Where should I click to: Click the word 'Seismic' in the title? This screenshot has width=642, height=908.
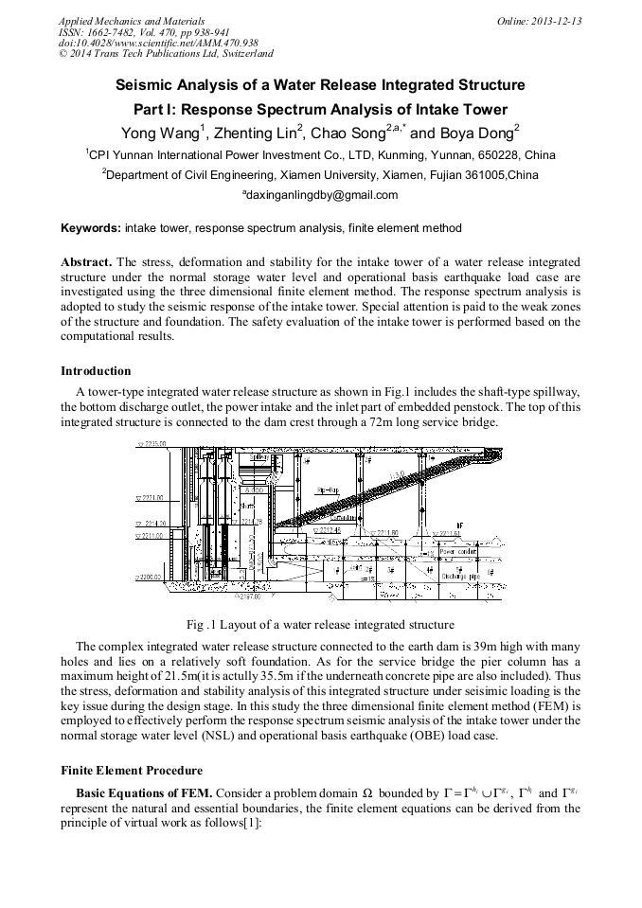click(x=145, y=85)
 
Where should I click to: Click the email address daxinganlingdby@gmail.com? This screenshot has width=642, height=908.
click(x=320, y=195)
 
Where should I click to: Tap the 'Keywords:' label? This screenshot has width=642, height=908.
click(x=91, y=228)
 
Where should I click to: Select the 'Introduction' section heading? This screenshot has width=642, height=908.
click(x=96, y=370)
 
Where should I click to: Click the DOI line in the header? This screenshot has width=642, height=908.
click(x=145, y=43)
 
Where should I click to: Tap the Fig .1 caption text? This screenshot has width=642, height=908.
click(x=320, y=624)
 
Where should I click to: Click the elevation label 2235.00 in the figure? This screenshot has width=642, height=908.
click(x=152, y=443)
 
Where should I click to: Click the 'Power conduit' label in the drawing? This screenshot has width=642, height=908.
click(x=459, y=550)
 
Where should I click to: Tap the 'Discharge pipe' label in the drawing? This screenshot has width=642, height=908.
click(x=461, y=575)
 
